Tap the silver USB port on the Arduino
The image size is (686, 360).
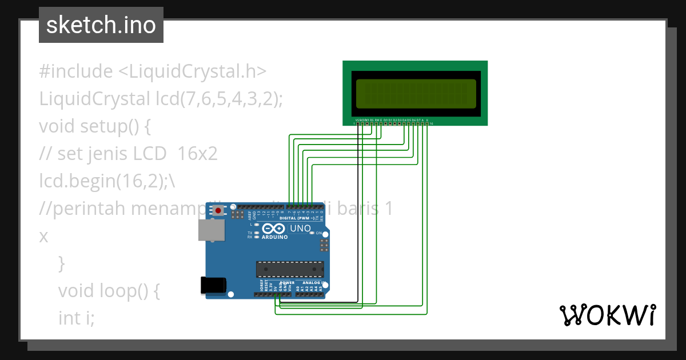click(211, 230)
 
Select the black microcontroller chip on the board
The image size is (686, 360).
click(290, 269)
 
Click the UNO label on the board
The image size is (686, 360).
click(301, 229)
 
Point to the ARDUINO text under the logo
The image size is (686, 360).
click(274, 237)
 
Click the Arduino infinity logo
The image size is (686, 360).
click(274, 229)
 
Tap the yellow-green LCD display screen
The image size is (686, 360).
click(416, 94)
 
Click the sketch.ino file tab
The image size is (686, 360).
click(101, 25)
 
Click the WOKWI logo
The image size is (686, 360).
click(607, 315)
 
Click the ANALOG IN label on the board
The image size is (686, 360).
click(314, 283)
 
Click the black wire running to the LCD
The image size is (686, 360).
click(358, 217)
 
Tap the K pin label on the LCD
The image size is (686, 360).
click(427, 120)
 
